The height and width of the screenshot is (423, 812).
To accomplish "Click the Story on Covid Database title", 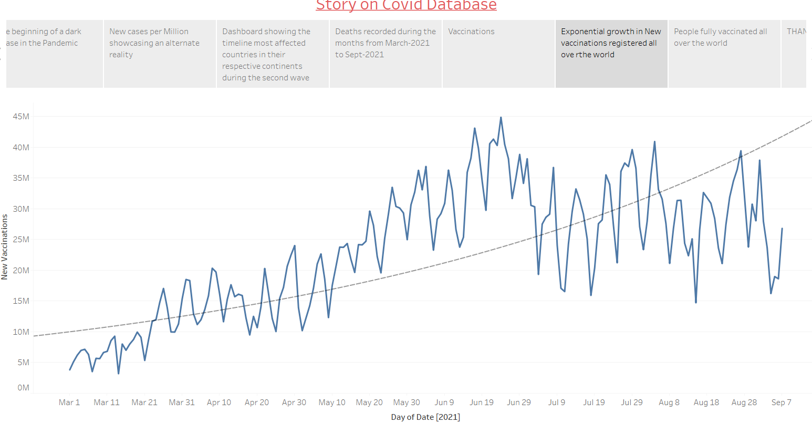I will pyautogui.click(x=406, y=5).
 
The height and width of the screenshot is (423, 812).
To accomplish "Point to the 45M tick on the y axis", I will pyautogui.click(x=21, y=116).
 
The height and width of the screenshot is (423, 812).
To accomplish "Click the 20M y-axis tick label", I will pyautogui.click(x=21, y=270).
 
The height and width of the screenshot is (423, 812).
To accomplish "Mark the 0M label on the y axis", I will pyautogui.click(x=23, y=388).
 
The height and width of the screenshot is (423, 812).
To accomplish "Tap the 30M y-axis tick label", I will pyautogui.click(x=21, y=209).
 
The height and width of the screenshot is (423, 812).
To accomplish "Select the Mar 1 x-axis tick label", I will pyautogui.click(x=69, y=403).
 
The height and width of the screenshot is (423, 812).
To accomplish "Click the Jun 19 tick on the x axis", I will pyautogui.click(x=482, y=403).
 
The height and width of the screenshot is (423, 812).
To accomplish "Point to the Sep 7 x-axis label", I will pyautogui.click(x=781, y=403).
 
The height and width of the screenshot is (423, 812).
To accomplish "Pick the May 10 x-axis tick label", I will pyautogui.click(x=332, y=403).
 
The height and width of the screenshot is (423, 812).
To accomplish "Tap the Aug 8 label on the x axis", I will pyautogui.click(x=669, y=403).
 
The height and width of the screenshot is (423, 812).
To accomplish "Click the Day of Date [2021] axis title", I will pyautogui.click(x=425, y=417).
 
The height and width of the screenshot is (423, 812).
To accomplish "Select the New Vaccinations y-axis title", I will pyautogui.click(x=5, y=246).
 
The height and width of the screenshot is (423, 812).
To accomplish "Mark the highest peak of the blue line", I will pyautogui.click(x=501, y=118).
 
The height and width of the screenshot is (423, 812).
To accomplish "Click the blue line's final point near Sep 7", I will pyautogui.click(x=782, y=229).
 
